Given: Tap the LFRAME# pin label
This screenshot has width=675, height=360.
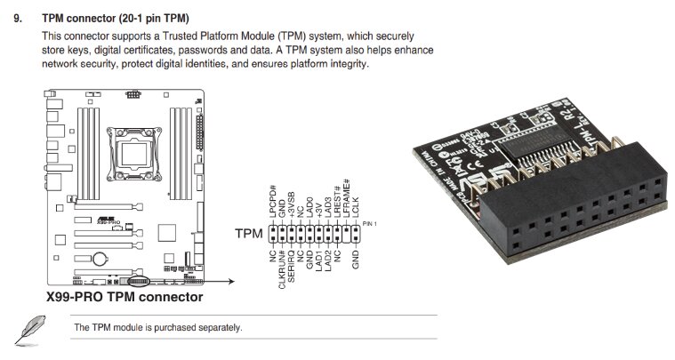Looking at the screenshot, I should point(347,204).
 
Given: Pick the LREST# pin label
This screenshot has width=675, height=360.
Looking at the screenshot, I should point(338,207).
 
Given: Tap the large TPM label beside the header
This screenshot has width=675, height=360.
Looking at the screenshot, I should point(248,236).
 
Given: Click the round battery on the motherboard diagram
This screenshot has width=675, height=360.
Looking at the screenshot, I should point(101,260).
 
